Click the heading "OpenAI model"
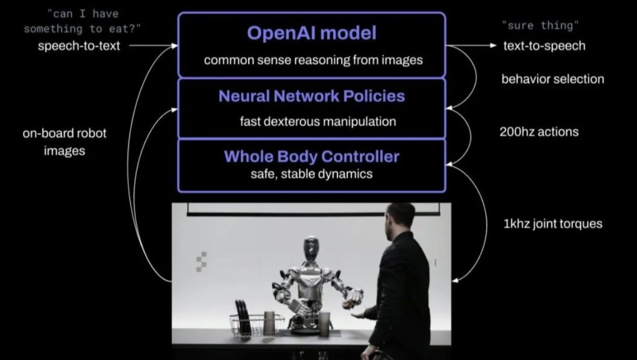point(311,33)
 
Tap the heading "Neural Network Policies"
point(311,96)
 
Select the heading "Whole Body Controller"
point(311,156)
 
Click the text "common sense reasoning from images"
point(313,60)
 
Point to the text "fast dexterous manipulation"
point(317,122)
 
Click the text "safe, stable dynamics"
point(311,174)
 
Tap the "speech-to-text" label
point(79,45)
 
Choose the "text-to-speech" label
point(544,45)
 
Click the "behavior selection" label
point(553,78)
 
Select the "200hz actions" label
point(539,132)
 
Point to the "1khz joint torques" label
point(553,224)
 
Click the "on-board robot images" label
point(64,142)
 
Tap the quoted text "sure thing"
point(540,25)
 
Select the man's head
point(401,218)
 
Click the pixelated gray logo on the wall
point(201,261)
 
